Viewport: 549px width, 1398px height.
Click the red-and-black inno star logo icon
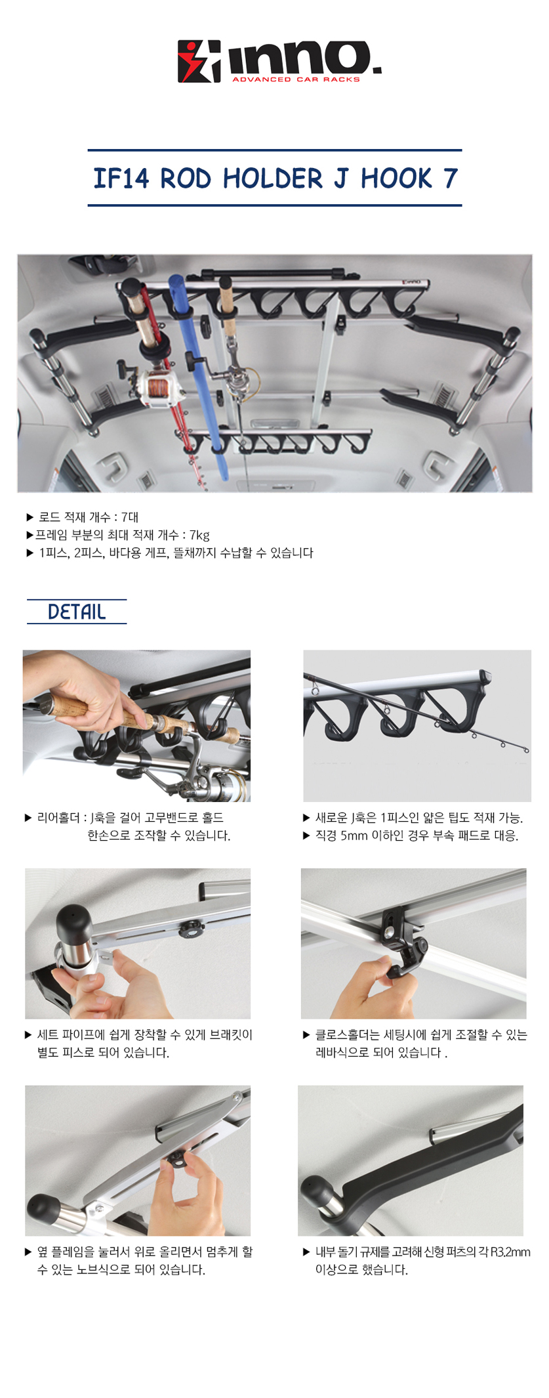(199, 62)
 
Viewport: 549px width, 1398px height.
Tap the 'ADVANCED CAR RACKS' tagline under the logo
(296, 79)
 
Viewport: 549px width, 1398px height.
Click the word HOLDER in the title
(273, 178)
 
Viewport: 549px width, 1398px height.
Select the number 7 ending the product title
(450, 179)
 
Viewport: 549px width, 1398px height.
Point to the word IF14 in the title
(121, 179)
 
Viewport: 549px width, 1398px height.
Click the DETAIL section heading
(77, 612)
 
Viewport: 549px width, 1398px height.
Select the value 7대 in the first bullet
(130, 517)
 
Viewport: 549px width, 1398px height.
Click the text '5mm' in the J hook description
(354, 836)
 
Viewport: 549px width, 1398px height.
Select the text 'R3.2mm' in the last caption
(510, 1252)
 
